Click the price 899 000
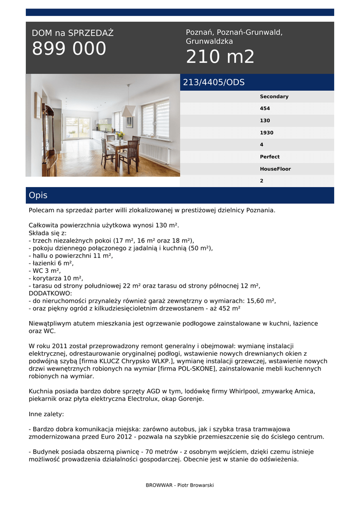click(x=69, y=49)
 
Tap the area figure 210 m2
click(x=220, y=57)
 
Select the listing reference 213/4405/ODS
click(x=214, y=82)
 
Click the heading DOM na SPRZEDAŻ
click(x=72, y=33)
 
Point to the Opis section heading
click(x=38, y=195)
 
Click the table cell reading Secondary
click(x=274, y=97)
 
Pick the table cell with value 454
click(x=265, y=109)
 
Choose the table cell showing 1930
click(x=267, y=133)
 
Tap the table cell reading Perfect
click(x=270, y=157)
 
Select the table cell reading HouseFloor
click(x=275, y=169)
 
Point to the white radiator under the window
click(x=155, y=153)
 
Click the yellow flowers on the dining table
click(x=119, y=135)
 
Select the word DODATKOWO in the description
click(x=50, y=293)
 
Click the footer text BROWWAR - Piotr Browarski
click(x=180, y=485)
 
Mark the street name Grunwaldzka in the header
click(x=209, y=42)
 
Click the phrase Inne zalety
click(x=46, y=414)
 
